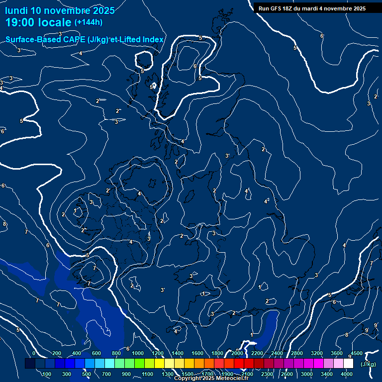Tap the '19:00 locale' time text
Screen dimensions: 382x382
pyautogui.click(x=38, y=22)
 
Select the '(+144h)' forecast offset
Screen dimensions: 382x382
pyautogui.click(x=89, y=22)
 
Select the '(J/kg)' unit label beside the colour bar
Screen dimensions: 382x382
pyautogui.click(x=368, y=364)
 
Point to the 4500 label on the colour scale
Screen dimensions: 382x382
pyautogui.click(x=357, y=353)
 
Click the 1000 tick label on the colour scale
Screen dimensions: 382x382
pyautogui.click(x=138, y=353)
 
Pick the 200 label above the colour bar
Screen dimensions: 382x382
pyautogui.click(x=57, y=353)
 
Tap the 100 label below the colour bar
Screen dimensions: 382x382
pyautogui.click(x=47, y=374)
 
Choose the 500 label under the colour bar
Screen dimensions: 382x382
pyautogui.click(x=87, y=374)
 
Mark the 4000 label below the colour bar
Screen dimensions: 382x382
pyautogui.click(x=348, y=374)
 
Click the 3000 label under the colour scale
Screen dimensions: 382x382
pyautogui.click(x=307, y=374)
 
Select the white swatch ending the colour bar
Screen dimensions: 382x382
pyautogui.click(x=349, y=364)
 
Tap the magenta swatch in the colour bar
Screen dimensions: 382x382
pyautogui.click(x=319, y=364)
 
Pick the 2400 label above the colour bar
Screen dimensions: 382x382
pyautogui.click(x=277, y=353)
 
